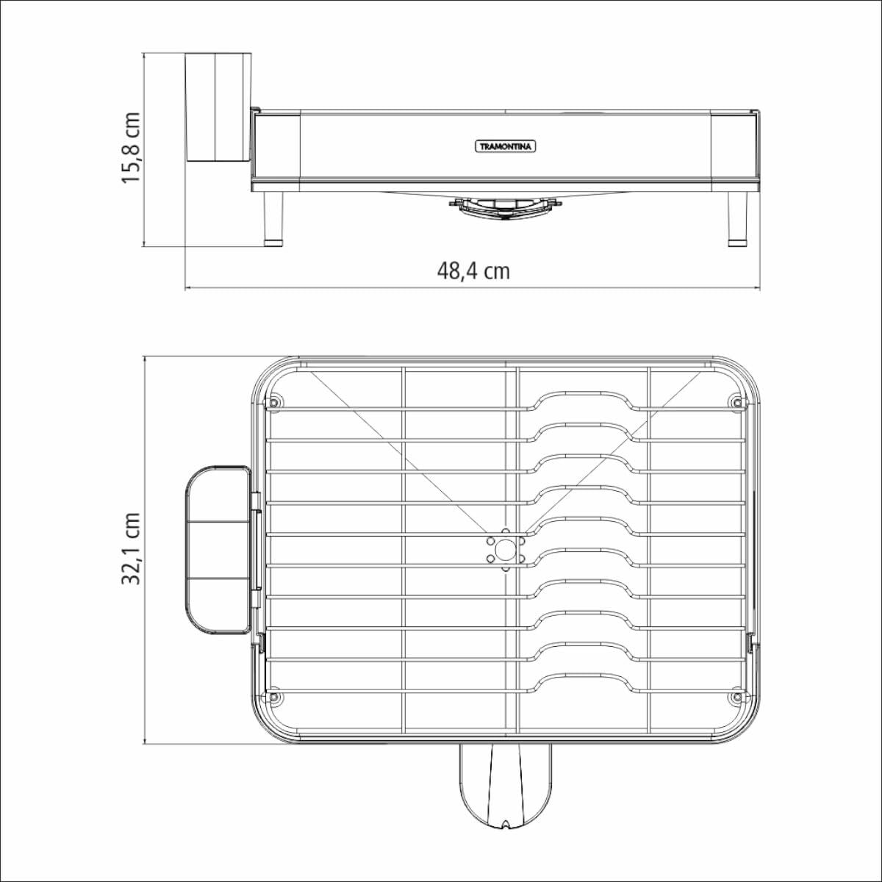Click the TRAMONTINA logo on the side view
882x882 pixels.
click(505, 146)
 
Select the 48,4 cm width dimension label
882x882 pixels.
click(473, 271)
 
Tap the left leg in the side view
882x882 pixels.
click(274, 219)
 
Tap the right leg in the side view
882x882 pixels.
click(737, 219)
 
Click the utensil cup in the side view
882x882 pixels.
click(218, 107)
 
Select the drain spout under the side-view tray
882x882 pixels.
click(505, 208)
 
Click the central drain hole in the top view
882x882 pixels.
click(505, 550)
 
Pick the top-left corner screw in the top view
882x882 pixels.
click(273, 403)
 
